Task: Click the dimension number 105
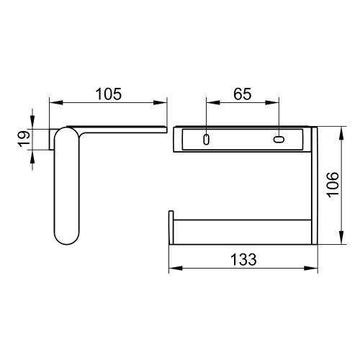pos(109,94)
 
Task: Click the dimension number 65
pos(243,94)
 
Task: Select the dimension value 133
pos(243,259)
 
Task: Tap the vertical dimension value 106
pos(333,185)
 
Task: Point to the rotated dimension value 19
pos(24,139)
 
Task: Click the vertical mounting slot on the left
pos(206,140)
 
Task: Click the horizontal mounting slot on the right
pos(279,140)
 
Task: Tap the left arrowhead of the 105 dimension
pos(56,102)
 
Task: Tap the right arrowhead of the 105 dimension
pos(160,102)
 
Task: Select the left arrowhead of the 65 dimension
pos(213,102)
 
